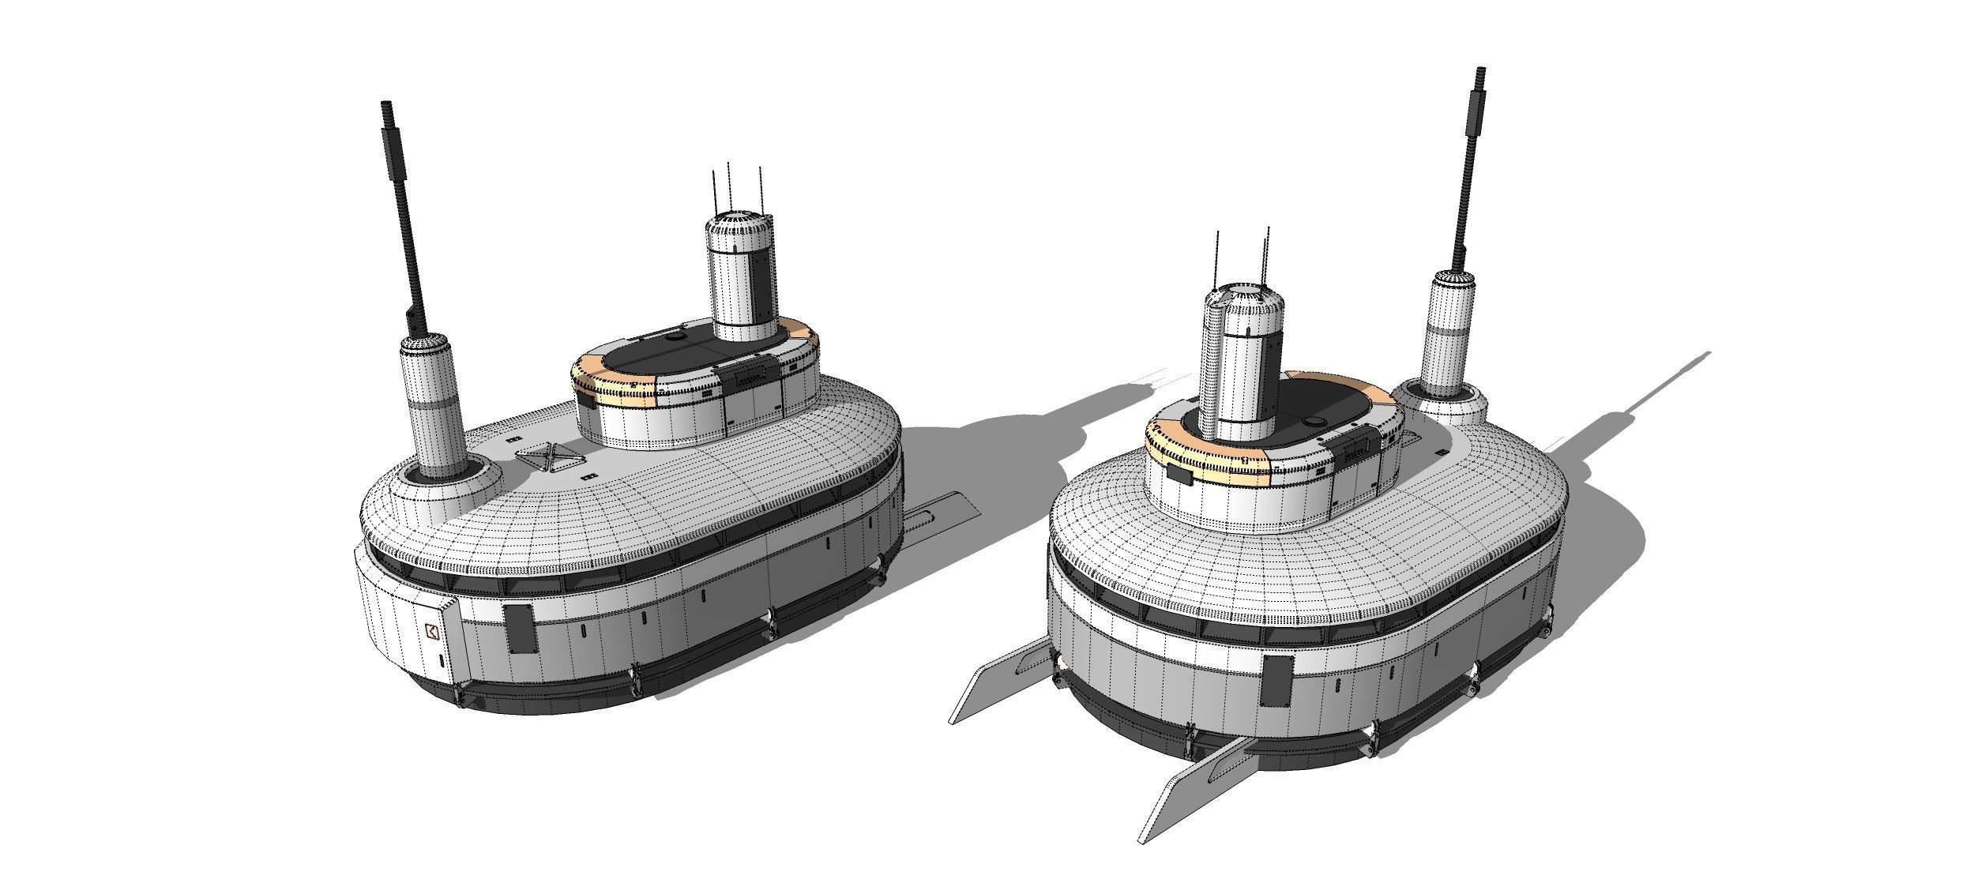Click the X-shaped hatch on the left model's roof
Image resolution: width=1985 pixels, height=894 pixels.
543,457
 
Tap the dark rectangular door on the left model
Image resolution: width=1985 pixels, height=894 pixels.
520,628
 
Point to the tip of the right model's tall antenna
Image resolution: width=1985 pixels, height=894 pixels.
1481,71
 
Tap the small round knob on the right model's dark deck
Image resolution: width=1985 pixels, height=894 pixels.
1315,421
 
